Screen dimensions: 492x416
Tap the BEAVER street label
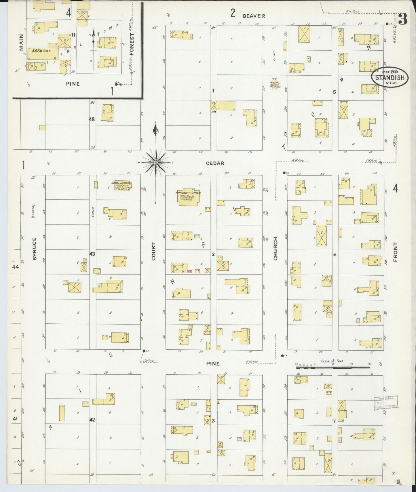coord(253,16)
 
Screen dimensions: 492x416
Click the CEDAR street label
coord(215,163)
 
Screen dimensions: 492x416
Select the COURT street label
coord(153,251)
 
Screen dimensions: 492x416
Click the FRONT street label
coord(395,252)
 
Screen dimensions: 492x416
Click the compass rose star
coord(156,163)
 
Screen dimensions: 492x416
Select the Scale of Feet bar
coord(333,367)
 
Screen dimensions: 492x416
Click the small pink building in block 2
coord(189,271)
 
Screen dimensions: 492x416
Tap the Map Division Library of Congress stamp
coord(385,402)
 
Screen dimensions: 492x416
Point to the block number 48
coord(92,119)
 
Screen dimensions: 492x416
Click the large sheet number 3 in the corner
coord(403,19)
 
